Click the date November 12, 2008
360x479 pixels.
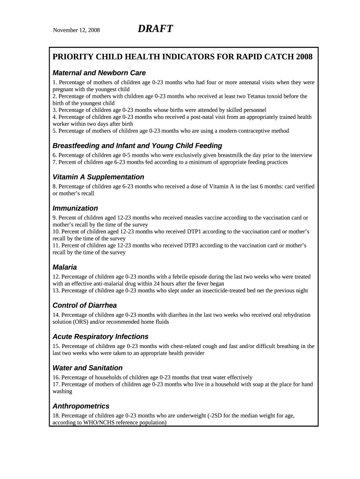coord(76,30)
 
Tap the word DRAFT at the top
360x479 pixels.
coord(155,29)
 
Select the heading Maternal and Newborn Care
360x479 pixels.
coord(99,73)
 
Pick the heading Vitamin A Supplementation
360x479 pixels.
coord(98,177)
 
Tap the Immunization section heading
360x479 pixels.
coord(75,208)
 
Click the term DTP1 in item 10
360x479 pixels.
coord(206,232)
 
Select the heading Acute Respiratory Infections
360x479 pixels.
coord(101,337)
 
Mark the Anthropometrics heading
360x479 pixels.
coord(81,406)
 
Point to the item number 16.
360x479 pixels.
coord(56,377)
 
